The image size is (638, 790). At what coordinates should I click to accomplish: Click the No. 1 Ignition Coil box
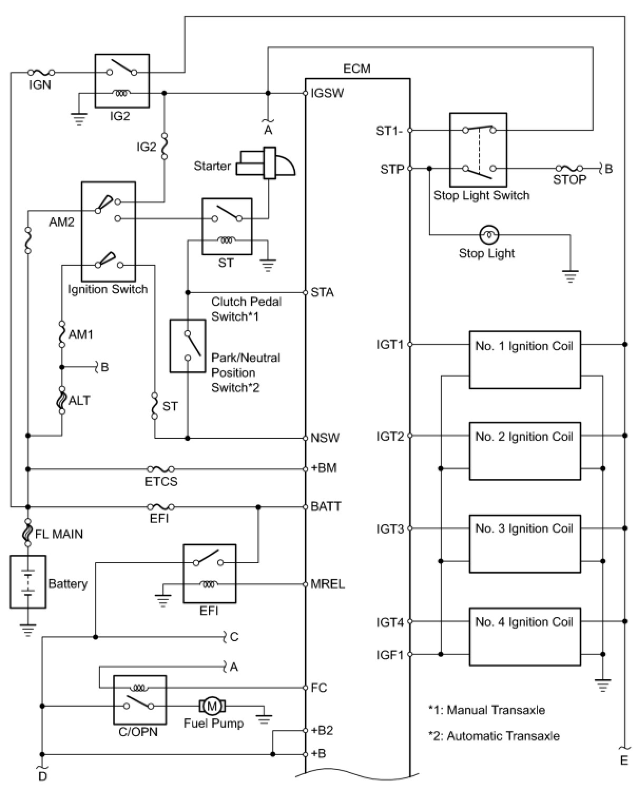coord(525,360)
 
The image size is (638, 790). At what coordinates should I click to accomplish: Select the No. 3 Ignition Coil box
coord(525,543)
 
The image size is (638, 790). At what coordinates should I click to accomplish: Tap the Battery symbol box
coord(27,581)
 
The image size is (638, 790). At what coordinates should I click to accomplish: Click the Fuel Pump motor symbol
coord(212,706)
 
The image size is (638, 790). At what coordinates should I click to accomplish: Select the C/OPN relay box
coord(140,699)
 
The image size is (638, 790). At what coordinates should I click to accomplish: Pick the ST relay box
coord(227,226)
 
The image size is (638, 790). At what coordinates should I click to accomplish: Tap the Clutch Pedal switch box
coord(187,346)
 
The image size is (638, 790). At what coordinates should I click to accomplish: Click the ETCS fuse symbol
coord(161,469)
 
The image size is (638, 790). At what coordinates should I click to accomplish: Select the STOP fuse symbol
coord(569,169)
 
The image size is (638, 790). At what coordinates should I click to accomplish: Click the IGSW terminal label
coord(327,93)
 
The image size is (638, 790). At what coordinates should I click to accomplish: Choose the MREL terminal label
coord(327,584)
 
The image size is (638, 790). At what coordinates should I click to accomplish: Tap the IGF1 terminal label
coord(390,655)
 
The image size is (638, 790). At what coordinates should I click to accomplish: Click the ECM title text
coord(356,69)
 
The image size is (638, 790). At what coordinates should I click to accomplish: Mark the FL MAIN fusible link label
coord(59,534)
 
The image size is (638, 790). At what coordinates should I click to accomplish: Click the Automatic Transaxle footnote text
coord(494,736)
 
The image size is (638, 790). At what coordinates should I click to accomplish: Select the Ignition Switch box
coord(108,232)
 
